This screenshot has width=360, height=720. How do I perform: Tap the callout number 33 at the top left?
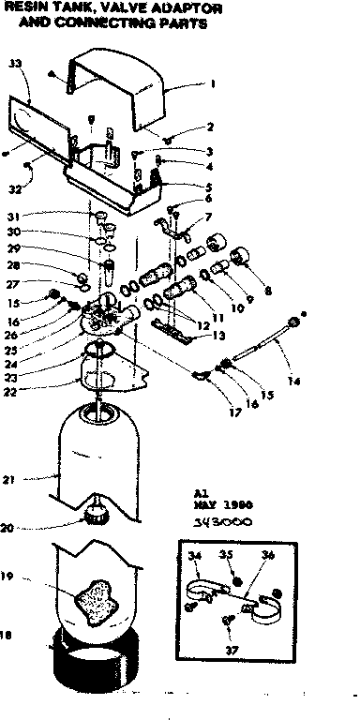[14, 63]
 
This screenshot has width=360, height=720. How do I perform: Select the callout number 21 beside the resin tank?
[10, 480]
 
